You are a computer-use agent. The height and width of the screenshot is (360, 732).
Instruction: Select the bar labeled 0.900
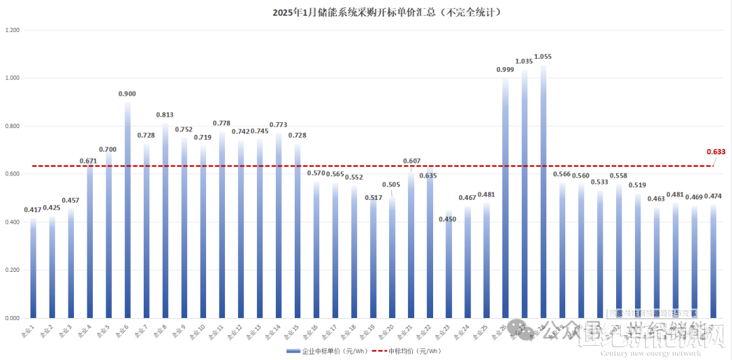click(x=127, y=210)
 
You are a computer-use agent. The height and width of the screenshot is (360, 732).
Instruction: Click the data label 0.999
click(x=505, y=69)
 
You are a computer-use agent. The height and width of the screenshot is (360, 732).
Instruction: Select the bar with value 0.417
click(x=33, y=268)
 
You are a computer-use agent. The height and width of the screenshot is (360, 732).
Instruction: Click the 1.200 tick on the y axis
click(x=13, y=31)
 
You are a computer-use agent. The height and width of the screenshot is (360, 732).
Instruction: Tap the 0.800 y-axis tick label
click(x=13, y=126)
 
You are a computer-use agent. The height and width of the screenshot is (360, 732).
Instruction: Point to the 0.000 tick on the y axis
click(x=13, y=318)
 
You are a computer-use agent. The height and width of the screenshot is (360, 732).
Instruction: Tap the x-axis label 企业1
click(x=29, y=331)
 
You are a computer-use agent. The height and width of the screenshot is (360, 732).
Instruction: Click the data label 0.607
click(x=411, y=161)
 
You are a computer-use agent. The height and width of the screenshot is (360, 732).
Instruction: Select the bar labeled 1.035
click(x=524, y=194)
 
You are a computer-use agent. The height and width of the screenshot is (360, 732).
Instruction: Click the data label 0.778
click(x=222, y=123)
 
